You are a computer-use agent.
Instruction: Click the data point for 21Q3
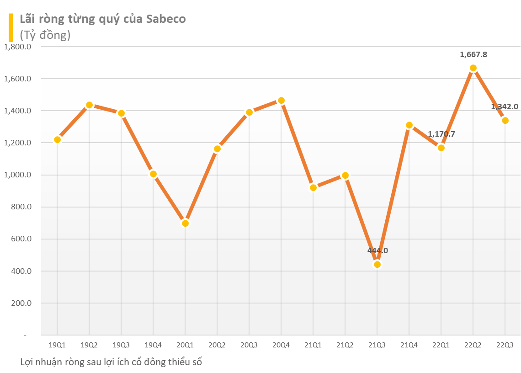377,264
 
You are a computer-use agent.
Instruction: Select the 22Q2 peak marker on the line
473,68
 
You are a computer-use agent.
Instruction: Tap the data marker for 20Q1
185,223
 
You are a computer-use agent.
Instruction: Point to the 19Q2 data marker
89,105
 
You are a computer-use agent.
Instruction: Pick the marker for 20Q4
281,101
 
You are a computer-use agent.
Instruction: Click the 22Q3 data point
505,120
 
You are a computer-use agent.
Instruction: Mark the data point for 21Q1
313,187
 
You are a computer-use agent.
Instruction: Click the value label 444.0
377,250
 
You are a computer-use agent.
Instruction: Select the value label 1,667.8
473,54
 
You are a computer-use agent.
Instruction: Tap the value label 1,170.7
441,134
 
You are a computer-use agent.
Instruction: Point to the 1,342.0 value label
505,107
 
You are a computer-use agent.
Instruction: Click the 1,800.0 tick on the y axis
17,47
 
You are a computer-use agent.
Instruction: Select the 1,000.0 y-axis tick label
17,175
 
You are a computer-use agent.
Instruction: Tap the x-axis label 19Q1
57,345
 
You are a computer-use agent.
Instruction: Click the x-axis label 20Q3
249,345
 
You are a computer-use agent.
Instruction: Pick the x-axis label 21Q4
409,345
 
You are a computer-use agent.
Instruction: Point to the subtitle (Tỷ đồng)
45,35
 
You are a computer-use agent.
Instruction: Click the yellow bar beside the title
11,27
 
